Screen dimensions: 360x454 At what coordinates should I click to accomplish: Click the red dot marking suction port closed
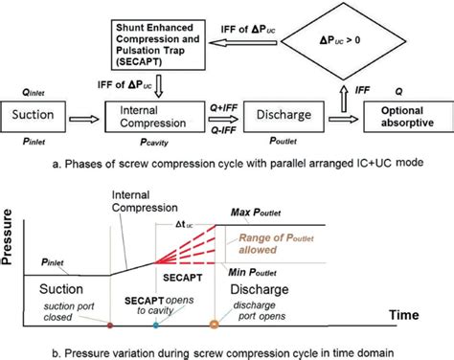click(111, 325)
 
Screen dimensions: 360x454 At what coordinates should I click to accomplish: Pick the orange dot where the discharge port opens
click(214, 325)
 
